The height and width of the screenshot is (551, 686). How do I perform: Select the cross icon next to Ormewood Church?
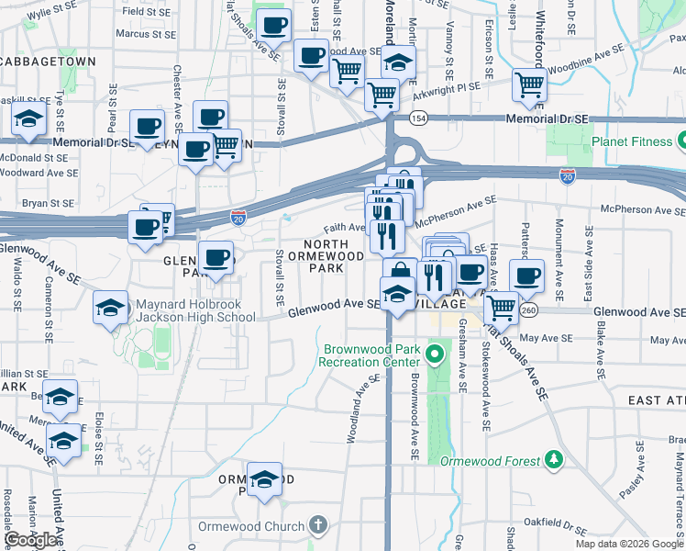coord(317,526)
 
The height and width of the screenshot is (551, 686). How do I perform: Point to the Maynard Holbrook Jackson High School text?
coord(195,311)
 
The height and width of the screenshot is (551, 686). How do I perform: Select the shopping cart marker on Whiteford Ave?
coord(530,85)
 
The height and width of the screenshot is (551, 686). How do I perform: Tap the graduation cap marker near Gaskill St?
coord(29,118)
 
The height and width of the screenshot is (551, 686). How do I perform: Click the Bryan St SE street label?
coord(47,202)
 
